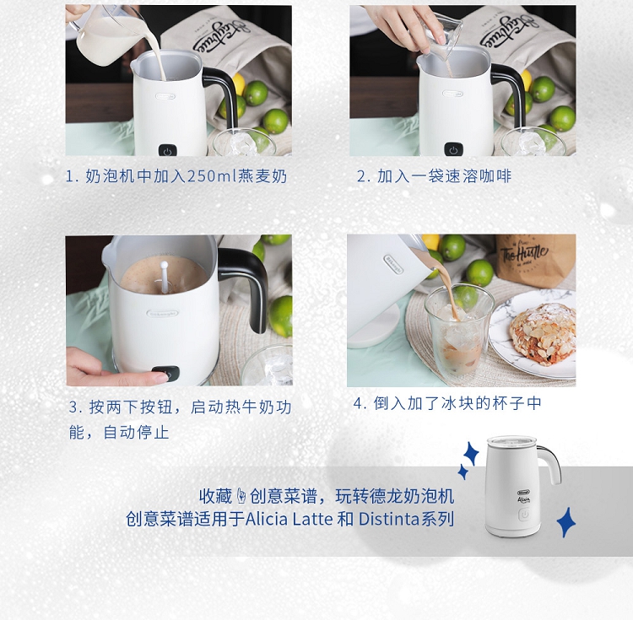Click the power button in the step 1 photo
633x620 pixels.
[168, 150]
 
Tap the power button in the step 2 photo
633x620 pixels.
[453, 148]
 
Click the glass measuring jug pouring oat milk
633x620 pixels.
[105, 36]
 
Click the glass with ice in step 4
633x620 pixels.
[459, 333]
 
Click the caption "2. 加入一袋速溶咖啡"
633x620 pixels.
[434, 176]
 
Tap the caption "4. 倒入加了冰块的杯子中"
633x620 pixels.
[447, 403]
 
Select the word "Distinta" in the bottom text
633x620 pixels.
[389, 519]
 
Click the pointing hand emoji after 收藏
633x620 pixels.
[241, 496]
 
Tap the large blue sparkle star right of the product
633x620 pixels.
[566, 522]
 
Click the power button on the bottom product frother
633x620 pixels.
[524, 515]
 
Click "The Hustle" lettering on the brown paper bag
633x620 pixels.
[524, 254]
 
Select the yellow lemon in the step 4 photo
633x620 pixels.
[430, 241]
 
